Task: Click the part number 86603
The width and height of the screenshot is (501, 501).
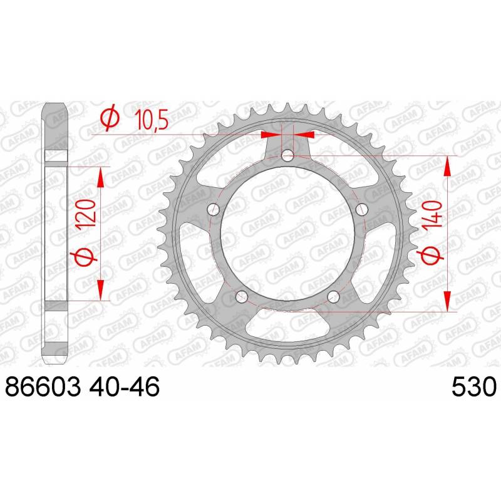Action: (x=43, y=386)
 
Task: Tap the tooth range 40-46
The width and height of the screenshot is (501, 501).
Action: (x=124, y=386)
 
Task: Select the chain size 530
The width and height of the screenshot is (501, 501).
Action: (x=474, y=386)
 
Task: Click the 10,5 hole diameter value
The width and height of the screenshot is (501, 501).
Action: (x=152, y=119)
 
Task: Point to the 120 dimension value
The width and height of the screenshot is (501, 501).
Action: (x=86, y=213)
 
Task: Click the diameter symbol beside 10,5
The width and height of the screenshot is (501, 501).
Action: (x=110, y=118)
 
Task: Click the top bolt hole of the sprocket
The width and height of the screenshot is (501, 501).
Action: (x=287, y=155)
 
